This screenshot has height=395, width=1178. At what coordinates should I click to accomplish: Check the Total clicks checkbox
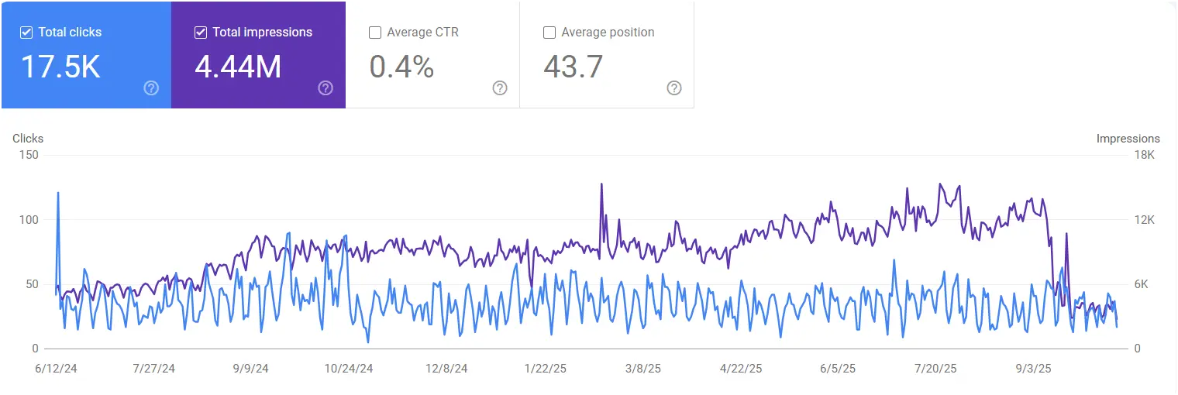coord(26,33)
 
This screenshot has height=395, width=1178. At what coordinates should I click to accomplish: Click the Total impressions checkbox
coord(201,33)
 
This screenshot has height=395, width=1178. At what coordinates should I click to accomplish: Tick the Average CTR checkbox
coord(375,33)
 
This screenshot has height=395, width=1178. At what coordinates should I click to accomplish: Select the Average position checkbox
coord(549,33)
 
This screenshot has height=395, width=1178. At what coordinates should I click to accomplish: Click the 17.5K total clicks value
coord(60,67)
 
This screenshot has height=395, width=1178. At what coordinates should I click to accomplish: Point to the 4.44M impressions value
coord(238,67)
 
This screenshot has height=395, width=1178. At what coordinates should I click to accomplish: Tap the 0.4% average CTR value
coord(401,67)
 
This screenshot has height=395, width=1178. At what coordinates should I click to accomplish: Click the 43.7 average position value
coord(573,67)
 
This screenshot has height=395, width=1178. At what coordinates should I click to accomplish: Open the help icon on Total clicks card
coord(151,88)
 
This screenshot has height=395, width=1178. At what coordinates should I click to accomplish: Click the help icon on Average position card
coord(674,88)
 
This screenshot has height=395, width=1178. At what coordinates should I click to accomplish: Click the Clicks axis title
coord(28,139)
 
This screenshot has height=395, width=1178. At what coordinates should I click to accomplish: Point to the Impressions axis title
coord(1128,139)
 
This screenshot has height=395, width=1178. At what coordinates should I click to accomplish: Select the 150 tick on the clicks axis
coord(29,155)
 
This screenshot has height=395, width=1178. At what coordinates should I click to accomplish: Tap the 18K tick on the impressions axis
coord(1144,155)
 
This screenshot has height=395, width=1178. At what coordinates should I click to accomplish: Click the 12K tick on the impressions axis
coord(1144,220)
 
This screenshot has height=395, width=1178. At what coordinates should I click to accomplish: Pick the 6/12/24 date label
coord(57,369)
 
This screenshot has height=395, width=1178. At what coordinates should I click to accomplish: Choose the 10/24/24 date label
coord(349,369)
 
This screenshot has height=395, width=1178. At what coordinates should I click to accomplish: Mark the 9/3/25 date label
coord(1029,369)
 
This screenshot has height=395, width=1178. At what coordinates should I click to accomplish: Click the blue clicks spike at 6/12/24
coord(58,194)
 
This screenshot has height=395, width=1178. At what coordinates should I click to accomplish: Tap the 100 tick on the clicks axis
coord(29,220)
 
